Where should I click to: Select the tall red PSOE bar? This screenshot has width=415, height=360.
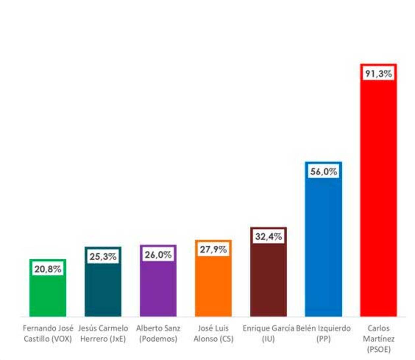pos(378,198)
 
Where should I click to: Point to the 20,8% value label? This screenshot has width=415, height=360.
pos(48,269)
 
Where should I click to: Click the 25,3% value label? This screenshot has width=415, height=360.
pos(103,256)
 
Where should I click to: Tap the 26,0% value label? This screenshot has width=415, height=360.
pos(158,255)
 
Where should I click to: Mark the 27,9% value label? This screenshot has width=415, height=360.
pos(213,249)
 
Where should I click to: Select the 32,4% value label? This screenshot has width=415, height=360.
pos(268,236)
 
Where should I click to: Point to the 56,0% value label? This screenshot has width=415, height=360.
pos(323,171)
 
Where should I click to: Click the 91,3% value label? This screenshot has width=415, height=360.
pos(378,74)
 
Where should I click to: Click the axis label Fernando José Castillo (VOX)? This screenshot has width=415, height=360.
pos(48,333)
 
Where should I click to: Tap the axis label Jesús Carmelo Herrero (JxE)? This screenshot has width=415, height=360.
pos(103,333)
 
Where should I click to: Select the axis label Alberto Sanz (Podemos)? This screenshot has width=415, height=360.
pos(158,333)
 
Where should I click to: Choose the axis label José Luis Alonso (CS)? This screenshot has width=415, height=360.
pos(213,333)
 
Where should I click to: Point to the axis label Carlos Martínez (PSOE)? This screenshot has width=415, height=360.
pos(378,339)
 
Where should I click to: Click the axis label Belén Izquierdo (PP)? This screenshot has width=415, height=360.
pos(323,333)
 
